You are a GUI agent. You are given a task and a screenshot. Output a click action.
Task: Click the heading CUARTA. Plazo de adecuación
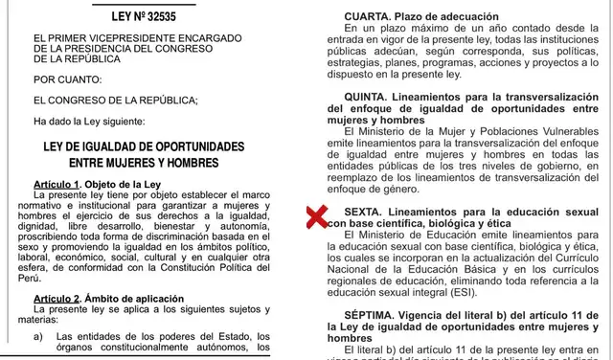412,17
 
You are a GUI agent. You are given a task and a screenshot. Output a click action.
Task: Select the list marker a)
39,336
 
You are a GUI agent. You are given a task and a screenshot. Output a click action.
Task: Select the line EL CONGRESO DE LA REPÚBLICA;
115,101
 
